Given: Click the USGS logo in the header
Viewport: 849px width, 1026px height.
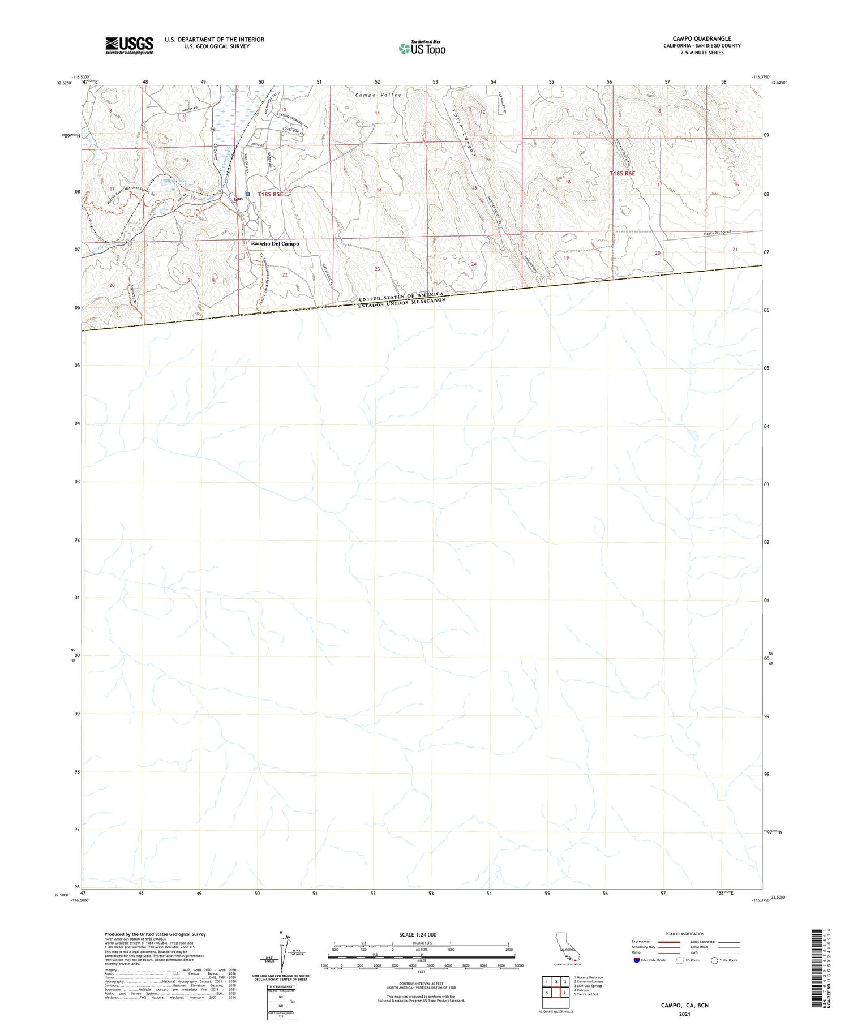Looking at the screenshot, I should click(129, 45).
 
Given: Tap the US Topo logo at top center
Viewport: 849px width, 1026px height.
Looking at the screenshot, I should click(422, 48).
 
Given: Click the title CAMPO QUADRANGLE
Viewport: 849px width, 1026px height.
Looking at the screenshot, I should click(702, 38).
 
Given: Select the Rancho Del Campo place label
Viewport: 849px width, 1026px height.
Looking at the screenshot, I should click(275, 244).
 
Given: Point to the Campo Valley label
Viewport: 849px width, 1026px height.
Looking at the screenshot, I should click(378, 95).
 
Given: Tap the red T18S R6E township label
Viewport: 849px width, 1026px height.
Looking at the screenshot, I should click(622, 174).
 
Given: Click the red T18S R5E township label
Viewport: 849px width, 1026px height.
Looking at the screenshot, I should click(270, 194).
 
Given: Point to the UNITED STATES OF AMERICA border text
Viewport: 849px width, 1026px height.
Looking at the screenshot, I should click(401, 297).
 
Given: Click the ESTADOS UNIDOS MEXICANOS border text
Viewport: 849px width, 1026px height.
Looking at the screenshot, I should click(401, 304).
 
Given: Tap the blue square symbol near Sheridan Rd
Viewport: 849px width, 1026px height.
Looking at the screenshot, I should click(248, 194).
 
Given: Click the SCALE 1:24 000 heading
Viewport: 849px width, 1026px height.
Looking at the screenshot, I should click(418, 934).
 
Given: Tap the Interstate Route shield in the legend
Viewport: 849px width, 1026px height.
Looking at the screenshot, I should click(637, 960).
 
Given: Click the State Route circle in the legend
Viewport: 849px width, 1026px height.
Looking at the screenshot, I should click(714, 960).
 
